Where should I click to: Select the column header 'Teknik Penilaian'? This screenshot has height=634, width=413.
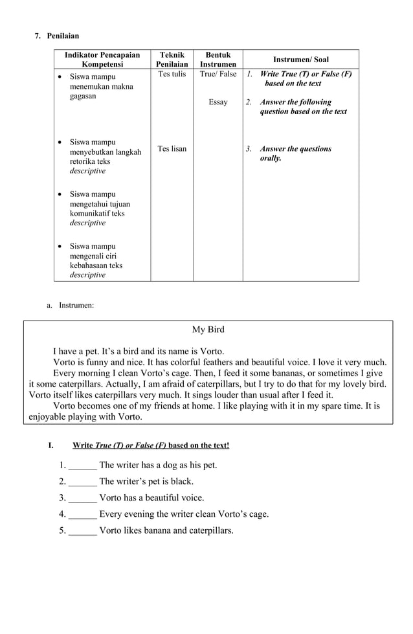172,60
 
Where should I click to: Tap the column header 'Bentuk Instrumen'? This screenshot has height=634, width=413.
218,60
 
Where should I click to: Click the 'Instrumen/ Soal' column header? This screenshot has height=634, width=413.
300,60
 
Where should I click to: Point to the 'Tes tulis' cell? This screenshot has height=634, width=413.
172,74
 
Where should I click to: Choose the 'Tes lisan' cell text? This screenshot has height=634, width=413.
172,149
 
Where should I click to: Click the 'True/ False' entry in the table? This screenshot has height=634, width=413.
218,74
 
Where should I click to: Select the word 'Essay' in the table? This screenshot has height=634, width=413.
218,102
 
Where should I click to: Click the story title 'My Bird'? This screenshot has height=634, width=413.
208,330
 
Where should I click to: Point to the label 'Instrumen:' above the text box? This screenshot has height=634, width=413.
76,305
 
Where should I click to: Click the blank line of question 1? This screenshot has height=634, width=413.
82,466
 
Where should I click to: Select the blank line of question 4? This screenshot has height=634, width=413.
82,515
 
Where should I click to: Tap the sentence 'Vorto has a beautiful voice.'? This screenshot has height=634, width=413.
151,498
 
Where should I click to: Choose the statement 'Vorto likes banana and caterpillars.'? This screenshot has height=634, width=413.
166,531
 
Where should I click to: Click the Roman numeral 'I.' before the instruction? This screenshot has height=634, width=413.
50,446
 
